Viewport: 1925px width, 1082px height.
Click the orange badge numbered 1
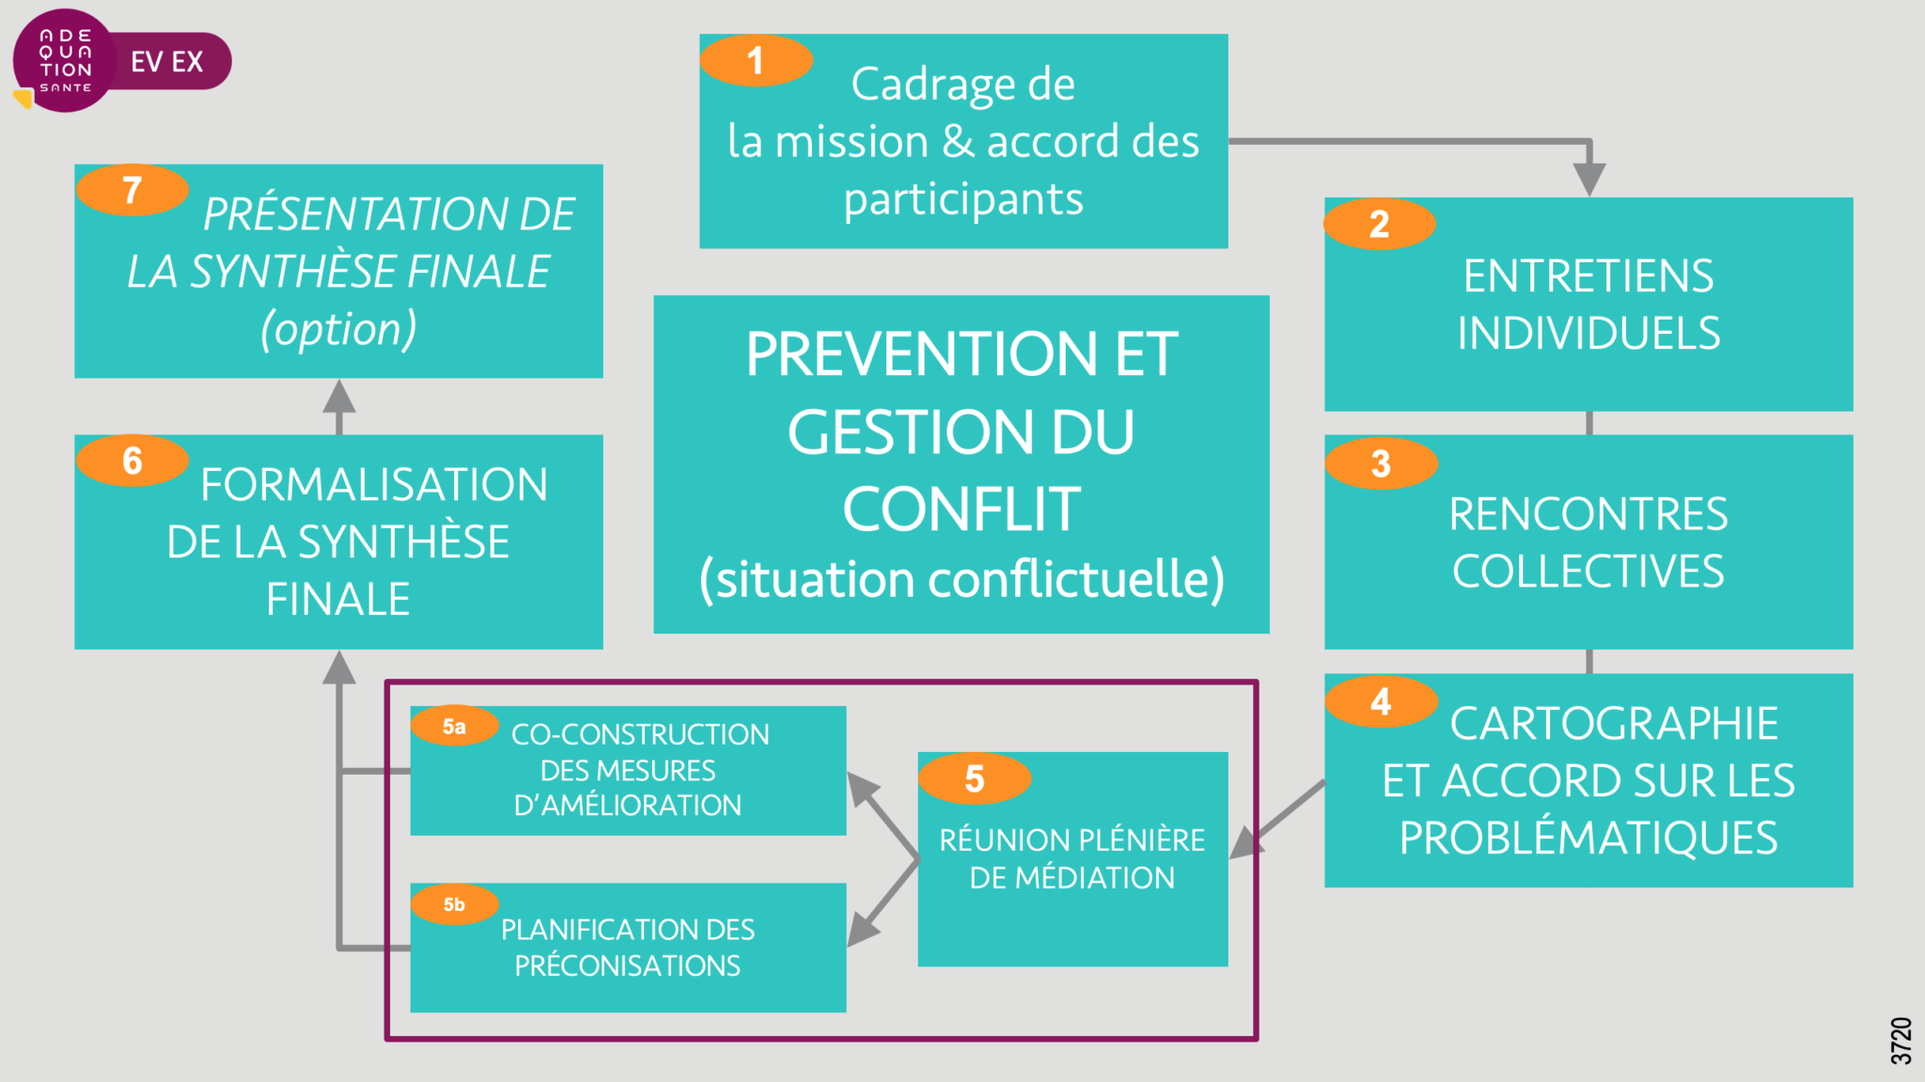tap(756, 61)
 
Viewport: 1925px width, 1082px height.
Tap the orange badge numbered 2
tap(1379, 224)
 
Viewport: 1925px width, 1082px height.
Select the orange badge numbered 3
tap(1381, 463)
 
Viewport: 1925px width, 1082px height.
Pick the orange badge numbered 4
tap(1381, 701)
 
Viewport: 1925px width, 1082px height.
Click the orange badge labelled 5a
tap(454, 726)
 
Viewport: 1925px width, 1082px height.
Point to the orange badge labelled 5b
tap(454, 904)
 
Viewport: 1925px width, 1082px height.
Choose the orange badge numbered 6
tap(133, 461)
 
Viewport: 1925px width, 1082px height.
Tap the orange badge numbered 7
tap(133, 190)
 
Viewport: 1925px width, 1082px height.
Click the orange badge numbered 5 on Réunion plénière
tap(975, 778)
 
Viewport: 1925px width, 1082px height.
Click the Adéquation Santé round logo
tap(65, 61)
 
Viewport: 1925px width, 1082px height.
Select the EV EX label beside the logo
tap(167, 62)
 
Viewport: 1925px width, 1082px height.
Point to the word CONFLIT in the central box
tap(962, 510)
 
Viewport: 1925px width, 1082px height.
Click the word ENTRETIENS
tap(1589, 276)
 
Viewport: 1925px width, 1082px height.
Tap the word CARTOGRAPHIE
tap(1614, 724)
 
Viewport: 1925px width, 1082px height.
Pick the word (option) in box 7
tap(338, 329)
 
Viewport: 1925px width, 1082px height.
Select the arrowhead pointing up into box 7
tap(339, 396)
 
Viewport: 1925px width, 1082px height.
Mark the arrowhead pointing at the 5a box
tap(860, 787)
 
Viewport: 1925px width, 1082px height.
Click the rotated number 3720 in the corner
tap(1901, 1041)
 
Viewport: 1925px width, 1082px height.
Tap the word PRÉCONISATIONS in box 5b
tap(627, 965)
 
